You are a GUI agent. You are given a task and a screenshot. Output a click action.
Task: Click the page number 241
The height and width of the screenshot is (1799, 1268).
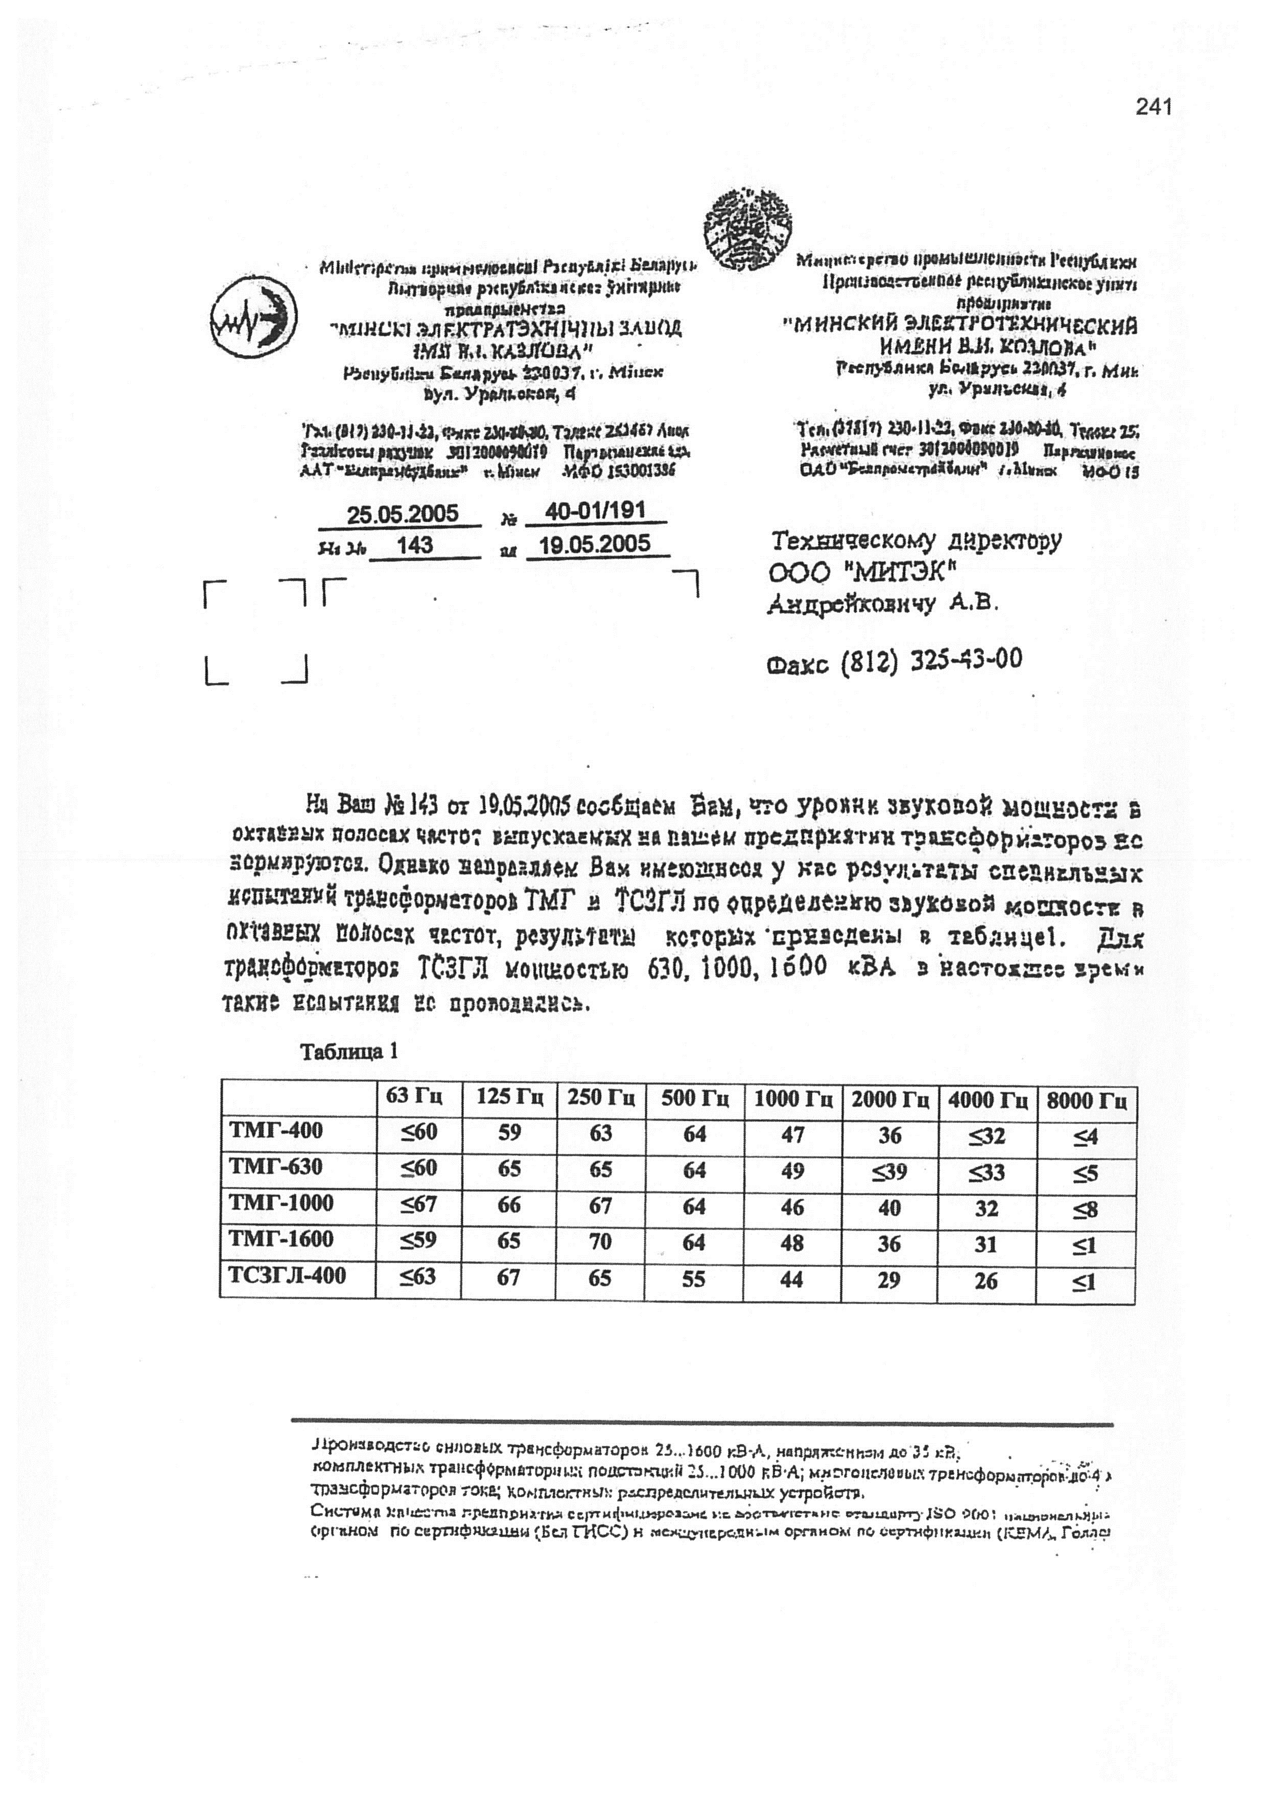click(1153, 107)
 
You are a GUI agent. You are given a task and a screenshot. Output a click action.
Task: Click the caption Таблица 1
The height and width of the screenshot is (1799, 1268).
click(349, 1051)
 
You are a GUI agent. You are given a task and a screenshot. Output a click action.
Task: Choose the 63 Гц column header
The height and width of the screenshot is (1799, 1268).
click(417, 1098)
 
